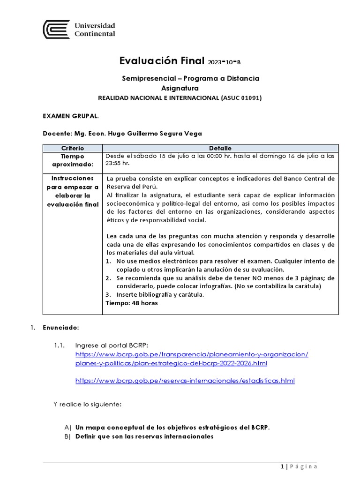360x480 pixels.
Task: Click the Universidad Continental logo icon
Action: pos(56,29)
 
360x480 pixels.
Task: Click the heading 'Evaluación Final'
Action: pos(162,61)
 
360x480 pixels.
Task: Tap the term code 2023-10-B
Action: pos(226,62)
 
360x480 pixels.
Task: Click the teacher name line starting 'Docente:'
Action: pos(122,134)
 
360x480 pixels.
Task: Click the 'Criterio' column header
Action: pos(72,148)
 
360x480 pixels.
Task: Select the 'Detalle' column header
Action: pos(220,148)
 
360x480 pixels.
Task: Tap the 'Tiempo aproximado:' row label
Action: pos(72,160)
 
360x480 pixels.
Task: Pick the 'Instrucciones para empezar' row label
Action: pos(72,191)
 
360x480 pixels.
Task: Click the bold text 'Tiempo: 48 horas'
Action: pos(132,303)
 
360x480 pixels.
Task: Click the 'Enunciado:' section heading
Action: pos(61,327)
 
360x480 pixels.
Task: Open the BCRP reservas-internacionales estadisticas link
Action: pos(185,381)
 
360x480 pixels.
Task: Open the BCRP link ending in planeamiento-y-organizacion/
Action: pos(192,354)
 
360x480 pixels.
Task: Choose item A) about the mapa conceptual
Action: pos(172,427)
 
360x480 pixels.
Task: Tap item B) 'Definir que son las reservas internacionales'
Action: pos(144,436)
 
